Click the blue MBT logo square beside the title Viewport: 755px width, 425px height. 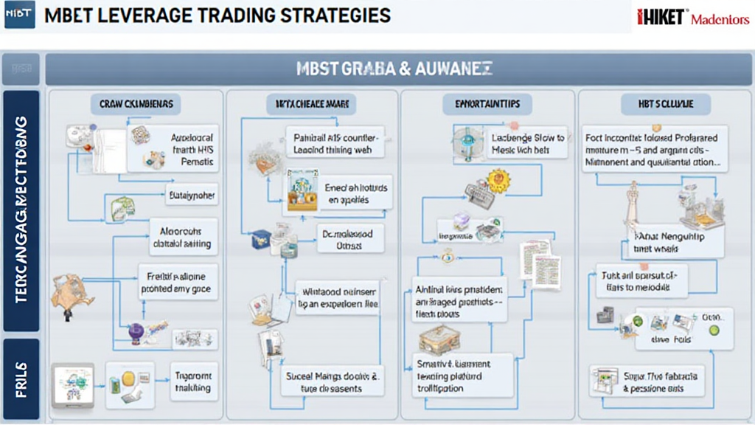point(19,15)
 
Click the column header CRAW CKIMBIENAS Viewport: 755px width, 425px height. point(136,105)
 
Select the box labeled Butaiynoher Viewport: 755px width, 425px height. point(190,196)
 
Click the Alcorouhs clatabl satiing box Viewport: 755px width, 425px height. point(181,235)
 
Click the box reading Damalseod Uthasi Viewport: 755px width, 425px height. point(344,239)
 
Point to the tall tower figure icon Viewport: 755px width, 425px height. point(632,207)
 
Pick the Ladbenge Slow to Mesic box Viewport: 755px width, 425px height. point(528,143)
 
